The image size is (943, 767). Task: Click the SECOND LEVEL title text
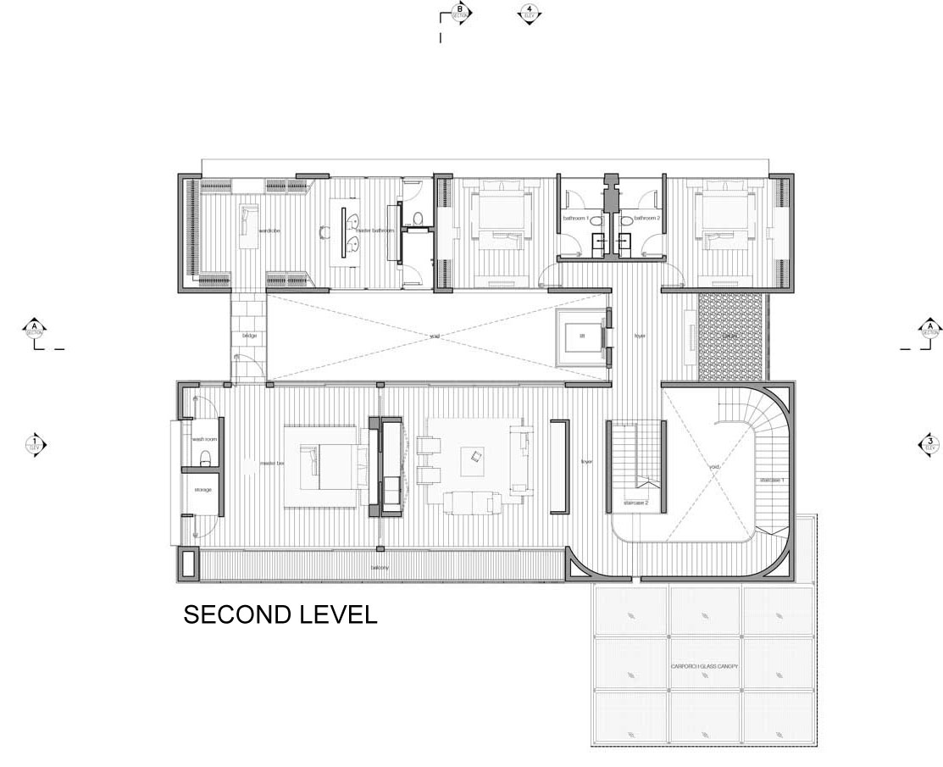tap(280, 614)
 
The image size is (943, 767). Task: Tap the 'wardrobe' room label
tap(269, 230)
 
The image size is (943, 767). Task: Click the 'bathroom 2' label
tap(646, 219)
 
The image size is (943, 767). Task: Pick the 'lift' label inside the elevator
tap(582, 336)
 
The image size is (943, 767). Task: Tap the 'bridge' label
tap(249, 336)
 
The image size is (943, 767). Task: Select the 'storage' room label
tap(202, 490)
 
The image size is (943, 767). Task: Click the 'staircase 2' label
tap(635, 503)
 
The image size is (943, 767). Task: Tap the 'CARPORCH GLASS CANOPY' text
tap(704, 667)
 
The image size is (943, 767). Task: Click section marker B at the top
tap(459, 14)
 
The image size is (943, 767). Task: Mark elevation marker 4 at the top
tap(530, 14)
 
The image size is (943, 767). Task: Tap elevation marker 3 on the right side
tap(929, 443)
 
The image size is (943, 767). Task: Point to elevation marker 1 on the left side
tap(35, 443)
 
